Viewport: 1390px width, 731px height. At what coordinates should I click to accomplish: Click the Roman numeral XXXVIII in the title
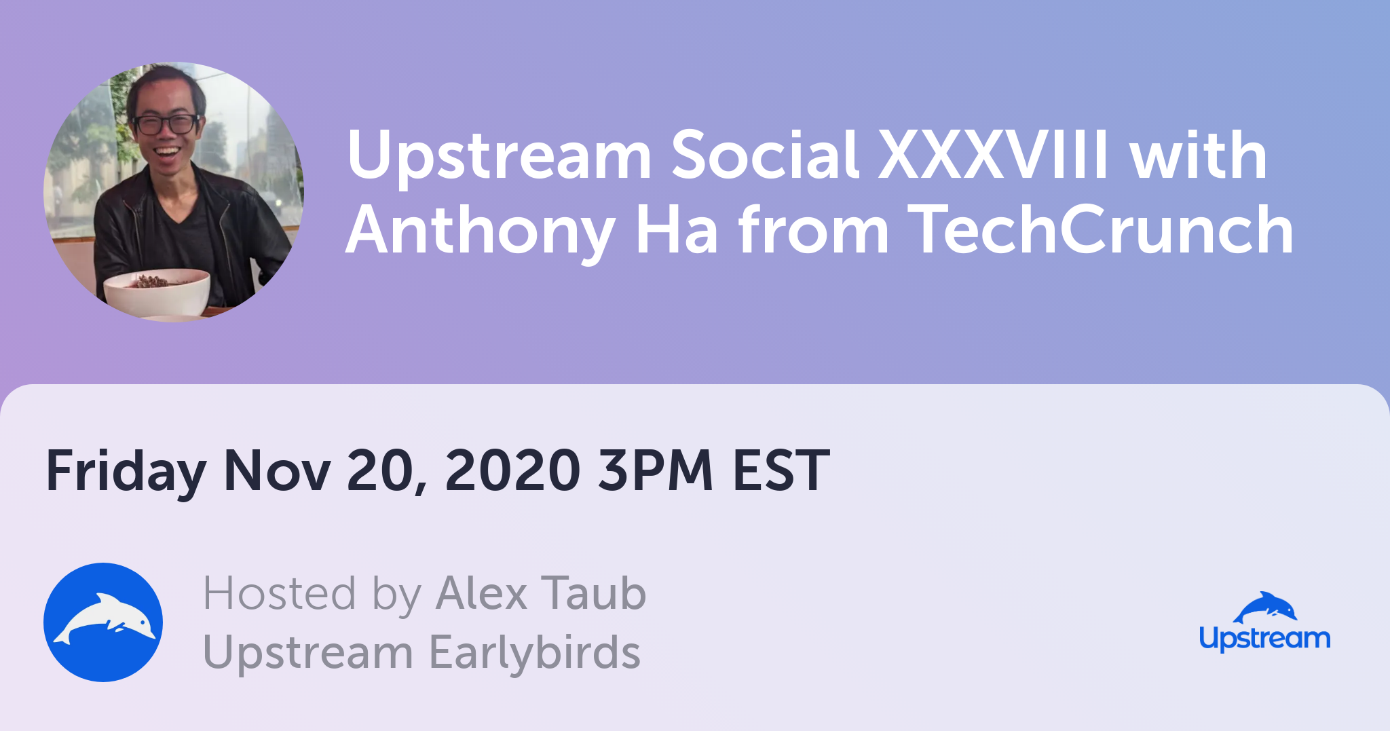click(994, 155)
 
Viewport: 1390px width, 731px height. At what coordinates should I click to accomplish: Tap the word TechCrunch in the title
click(1100, 230)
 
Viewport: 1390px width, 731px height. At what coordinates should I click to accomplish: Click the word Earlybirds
click(535, 652)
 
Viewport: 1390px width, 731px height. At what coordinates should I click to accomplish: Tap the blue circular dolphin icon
click(103, 622)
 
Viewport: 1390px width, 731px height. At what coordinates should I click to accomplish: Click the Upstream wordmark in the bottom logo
click(1264, 639)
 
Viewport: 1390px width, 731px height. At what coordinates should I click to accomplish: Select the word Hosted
click(280, 593)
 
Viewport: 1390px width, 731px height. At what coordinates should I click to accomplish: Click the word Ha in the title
click(677, 230)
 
